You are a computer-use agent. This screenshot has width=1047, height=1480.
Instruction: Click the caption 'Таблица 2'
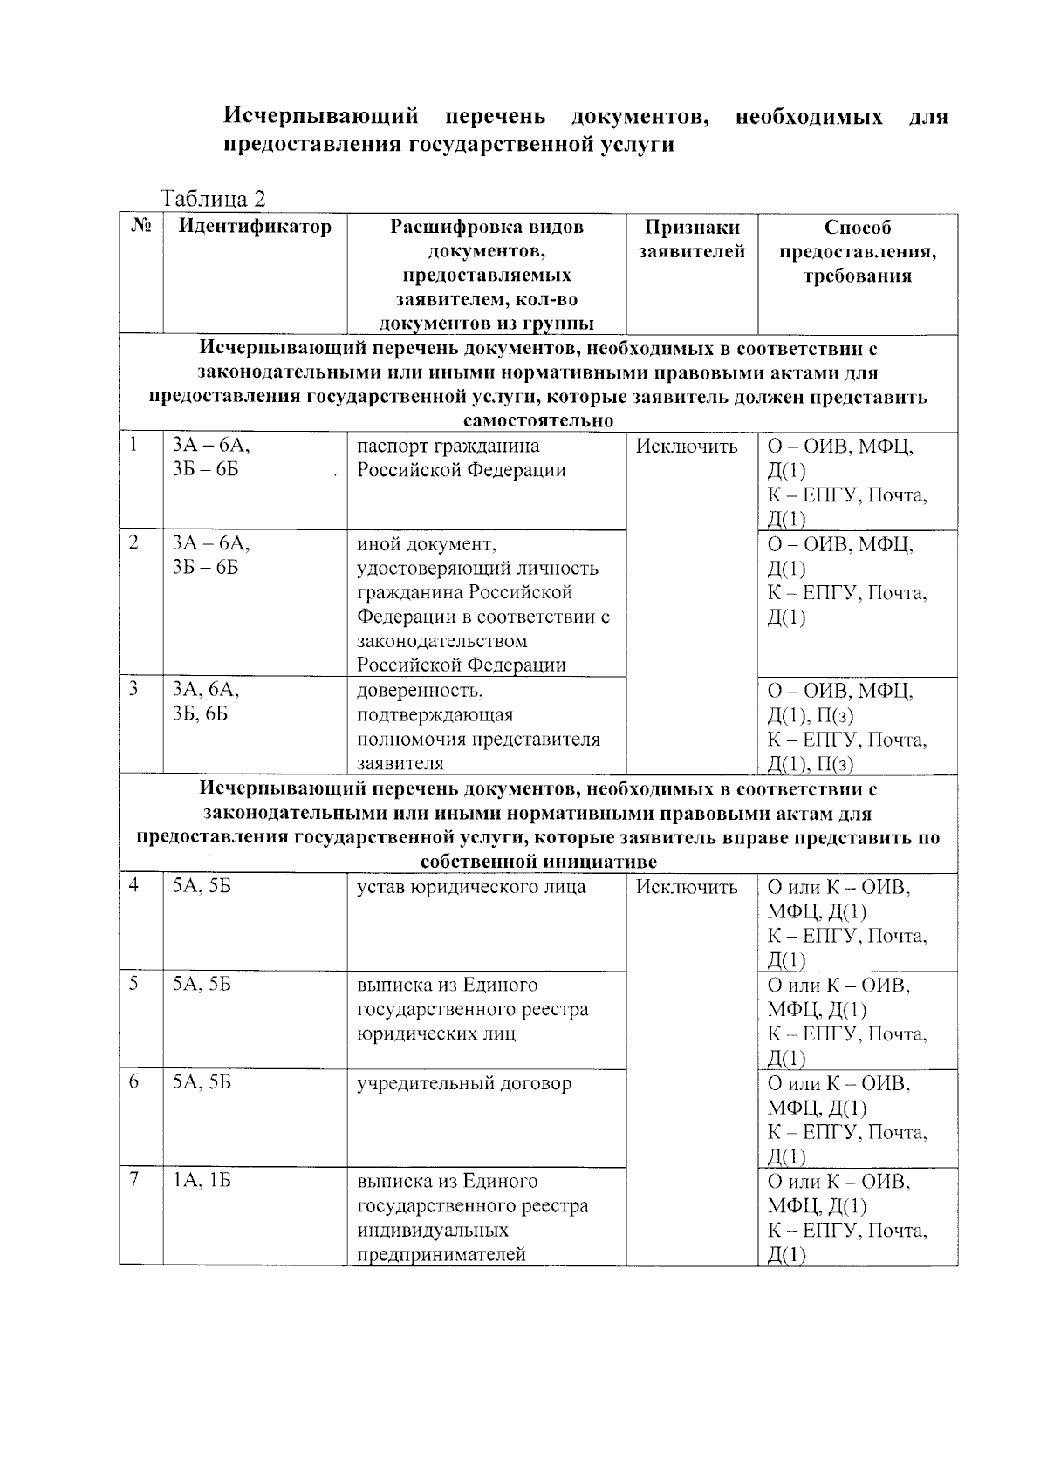click(213, 199)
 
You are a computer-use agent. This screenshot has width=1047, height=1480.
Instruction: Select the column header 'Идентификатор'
click(255, 228)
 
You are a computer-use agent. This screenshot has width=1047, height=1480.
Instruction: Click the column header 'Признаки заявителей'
click(692, 240)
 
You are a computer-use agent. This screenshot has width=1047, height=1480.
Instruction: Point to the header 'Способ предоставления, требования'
click(858, 252)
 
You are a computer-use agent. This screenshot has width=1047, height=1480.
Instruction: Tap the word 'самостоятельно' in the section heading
click(537, 421)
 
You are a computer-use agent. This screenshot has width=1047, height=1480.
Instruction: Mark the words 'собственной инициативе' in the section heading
click(537, 862)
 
